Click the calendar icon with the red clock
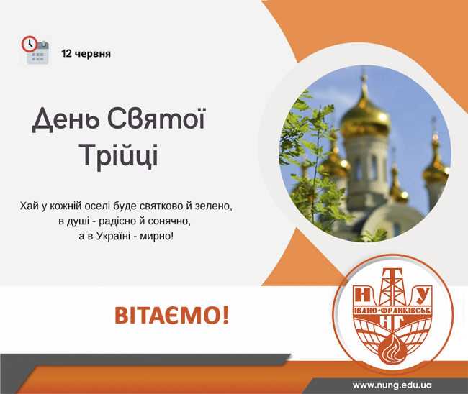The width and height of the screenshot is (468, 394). pos(35,50)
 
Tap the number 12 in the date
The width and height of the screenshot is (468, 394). pos(66,54)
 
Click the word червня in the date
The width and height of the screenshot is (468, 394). pos(93,54)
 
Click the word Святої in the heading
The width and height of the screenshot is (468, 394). pos(156,119)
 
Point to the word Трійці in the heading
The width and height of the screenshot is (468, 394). pos(119,155)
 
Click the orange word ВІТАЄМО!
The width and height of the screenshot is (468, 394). pos(172,316)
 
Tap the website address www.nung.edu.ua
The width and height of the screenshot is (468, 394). pos(392,385)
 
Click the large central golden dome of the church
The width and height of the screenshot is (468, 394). pos(365,118)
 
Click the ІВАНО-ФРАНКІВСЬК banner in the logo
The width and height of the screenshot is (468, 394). pos(392,310)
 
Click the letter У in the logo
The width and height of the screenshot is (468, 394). pos(421,295)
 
